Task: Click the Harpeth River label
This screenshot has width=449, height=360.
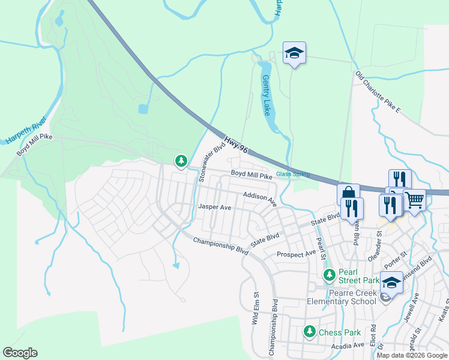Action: pyautogui.click(x=26, y=131)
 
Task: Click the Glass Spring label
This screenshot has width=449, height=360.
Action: pyautogui.click(x=293, y=175)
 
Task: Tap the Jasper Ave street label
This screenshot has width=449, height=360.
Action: pyautogui.click(x=214, y=207)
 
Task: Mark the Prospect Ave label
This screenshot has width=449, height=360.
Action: pyautogui.click(x=296, y=254)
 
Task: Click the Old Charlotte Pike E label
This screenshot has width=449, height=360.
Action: pyautogui.click(x=378, y=93)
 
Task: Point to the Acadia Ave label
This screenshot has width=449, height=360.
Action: pyautogui.click(x=348, y=346)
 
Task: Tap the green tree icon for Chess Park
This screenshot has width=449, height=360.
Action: pyautogui.click(x=310, y=331)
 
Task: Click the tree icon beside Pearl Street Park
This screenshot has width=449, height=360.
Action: pyautogui.click(x=329, y=275)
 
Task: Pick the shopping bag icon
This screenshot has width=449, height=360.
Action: pyautogui.click(x=348, y=194)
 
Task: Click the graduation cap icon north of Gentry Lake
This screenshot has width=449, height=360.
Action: pyautogui.click(x=294, y=53)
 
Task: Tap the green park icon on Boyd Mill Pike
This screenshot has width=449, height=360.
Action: pyautogui.click(x=181, y=160)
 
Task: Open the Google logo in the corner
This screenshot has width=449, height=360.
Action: pyautogui.click(x=20, y=353)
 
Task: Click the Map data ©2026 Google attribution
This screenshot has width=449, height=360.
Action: pyautogui.click(x=412, y=355)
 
